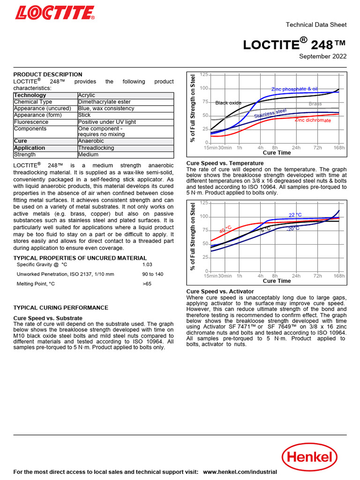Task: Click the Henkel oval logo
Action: click(309, 457)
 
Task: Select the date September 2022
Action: click(323, 57)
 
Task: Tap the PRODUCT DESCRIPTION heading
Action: click(47, 75)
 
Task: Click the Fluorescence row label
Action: click(31, 122)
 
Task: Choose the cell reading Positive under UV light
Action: click(107, 122)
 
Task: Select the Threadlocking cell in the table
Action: click(96, 148)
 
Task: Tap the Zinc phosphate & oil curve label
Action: click(294, 89)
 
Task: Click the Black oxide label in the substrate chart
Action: click(228, 103)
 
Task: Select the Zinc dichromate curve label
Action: click(313, 120)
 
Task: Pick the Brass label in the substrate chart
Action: click(315, 104)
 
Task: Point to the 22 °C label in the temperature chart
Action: click(295, 215)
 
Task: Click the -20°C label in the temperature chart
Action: click(293, 229)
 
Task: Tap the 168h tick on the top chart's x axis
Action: click(339, 148)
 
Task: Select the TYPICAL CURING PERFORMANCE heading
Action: click(60, 307)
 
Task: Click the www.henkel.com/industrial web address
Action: click(240, 472)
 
